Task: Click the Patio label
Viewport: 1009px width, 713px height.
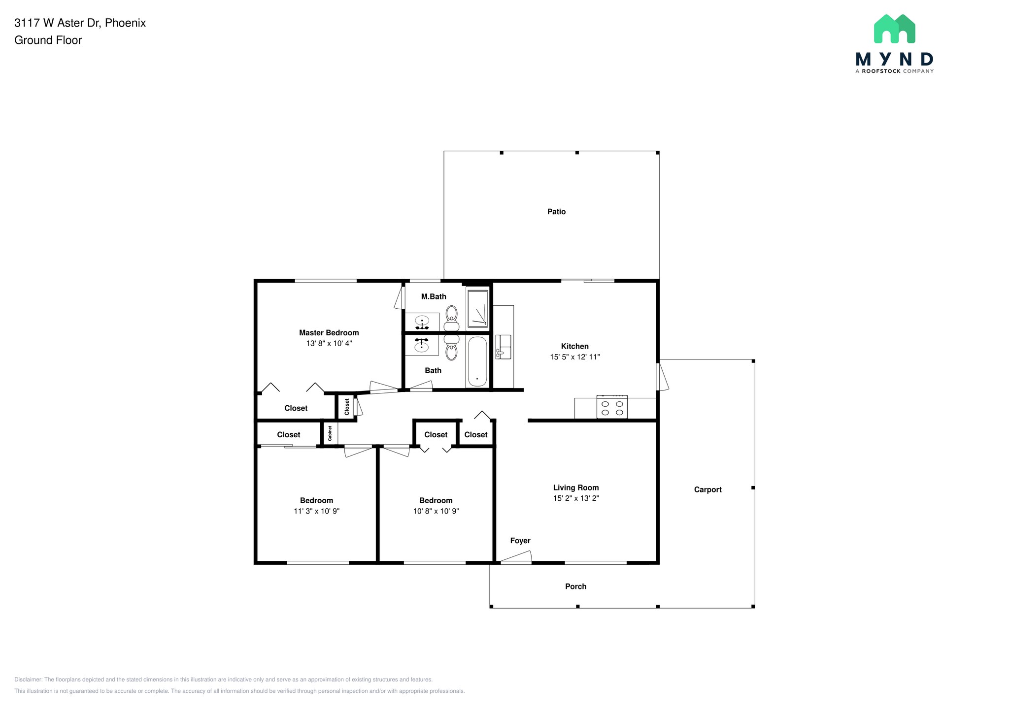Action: point(556,212)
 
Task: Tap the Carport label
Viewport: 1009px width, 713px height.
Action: point(707,489)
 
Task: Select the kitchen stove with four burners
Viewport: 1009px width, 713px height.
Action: point(612,407)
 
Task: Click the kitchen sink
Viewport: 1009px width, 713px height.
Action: point(503,347)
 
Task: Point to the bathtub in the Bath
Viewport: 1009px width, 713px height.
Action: point(477,361)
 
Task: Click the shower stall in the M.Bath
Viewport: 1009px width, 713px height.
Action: point(477,309)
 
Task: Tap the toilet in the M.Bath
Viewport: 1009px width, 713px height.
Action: point(451,318)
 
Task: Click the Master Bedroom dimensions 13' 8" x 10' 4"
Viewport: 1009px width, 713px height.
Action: point(329,344)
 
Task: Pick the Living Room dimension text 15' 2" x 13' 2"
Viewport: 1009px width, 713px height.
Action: point(576,498)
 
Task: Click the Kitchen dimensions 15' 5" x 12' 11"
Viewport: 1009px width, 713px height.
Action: point(575,357)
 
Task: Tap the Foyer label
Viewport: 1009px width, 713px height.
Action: point(520,541)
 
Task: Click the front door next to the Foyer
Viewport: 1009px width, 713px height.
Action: point(516,558)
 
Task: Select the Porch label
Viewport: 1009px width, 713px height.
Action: point(575,586)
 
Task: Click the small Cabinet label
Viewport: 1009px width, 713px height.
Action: point(330,433)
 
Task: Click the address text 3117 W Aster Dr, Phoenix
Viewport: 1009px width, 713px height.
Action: point(80,23)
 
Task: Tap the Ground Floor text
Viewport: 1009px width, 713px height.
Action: point(48,40)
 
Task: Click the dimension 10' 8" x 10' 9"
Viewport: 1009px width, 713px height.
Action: point(436,511)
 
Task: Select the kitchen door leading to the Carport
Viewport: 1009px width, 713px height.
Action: point(662,377)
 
